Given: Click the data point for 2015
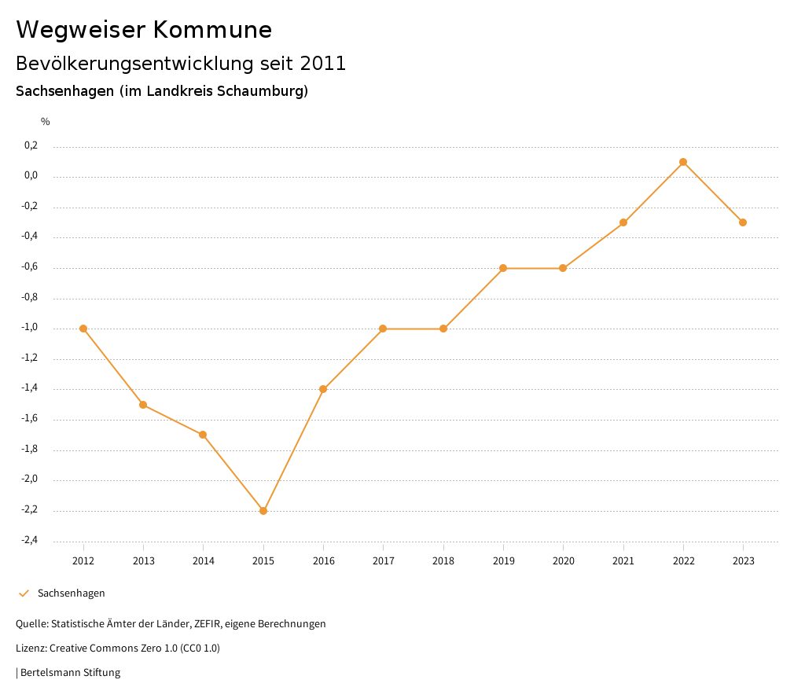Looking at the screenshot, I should pos(263,511).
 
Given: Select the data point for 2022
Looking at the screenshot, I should pos(683,162).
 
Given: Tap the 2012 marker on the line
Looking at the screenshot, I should pos(83,329).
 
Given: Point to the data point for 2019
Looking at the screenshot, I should pos(503,268).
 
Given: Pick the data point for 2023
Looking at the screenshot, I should pos(743,222).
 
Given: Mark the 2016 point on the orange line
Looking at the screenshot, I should pos(323,389).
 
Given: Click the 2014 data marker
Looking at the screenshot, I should pos(203,435).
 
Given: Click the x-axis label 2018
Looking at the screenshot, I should pos(443,560).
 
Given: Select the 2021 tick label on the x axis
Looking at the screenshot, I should pos(623,560).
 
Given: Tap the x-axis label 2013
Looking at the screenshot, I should pos(143,560).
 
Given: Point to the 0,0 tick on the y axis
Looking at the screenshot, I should pos(53,175).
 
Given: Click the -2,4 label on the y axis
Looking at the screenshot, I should pos(52,540).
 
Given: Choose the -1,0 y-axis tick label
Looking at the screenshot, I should pos(52,328).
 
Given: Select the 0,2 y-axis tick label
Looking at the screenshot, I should pos(53,145).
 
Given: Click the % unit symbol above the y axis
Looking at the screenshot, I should pos(46,122).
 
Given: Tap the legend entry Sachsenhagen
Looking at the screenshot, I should pos(71,593).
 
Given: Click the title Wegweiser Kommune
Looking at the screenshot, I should pos(144,30).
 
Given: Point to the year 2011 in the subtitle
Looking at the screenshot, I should pos(323,64).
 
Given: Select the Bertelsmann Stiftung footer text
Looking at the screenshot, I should pos(70,673).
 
